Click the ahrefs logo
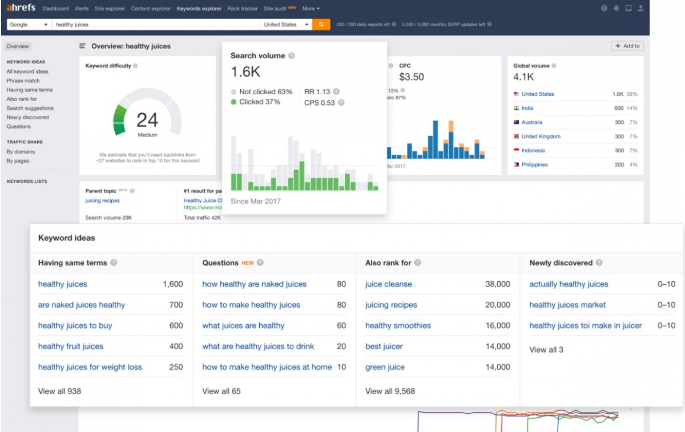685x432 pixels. coord(21,9)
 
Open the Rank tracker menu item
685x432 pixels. coord(242,9)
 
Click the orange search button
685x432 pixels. coord(321,25)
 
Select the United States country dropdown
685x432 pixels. coord(287,25)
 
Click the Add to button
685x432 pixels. coord(627,46)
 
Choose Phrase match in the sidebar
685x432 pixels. coord(23,81)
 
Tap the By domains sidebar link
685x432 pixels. coord(21,152)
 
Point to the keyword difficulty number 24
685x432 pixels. coord(147,120)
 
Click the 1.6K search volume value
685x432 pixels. coord(245,72)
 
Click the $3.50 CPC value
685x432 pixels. coord(412,77)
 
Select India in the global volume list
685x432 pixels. coord(527,108)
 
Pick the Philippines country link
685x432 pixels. coord(534,165)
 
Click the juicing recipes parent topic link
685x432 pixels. coord(103,201)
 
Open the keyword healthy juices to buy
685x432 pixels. coord(75,326)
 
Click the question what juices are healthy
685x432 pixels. coord(243,326)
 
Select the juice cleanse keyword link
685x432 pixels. coord(388,284)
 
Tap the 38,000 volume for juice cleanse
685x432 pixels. coord(497,284)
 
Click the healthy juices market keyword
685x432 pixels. coord(567,305)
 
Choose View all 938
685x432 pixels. coord(59,391)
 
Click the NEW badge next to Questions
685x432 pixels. coord(247,263)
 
